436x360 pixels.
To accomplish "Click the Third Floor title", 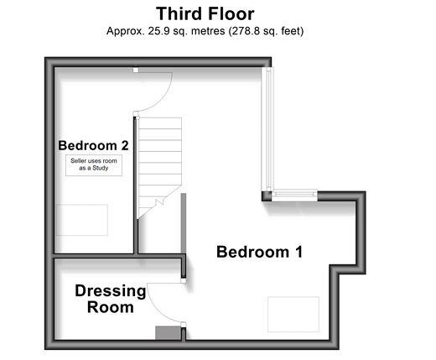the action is (x=205, y=13).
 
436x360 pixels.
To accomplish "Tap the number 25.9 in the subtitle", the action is (x=158, y=31).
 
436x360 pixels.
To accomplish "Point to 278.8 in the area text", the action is (x=244, y=31).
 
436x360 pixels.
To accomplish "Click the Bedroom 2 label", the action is (x=93, y=145).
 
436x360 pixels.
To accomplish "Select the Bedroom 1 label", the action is (x=260, y=252).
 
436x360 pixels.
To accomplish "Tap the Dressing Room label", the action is (x=111, y=299).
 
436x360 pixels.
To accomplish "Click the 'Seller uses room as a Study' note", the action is (x=94, y=164).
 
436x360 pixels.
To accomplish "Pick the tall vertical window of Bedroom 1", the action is (x=267, y=129).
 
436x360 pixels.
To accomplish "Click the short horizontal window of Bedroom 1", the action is (x=294, y=196).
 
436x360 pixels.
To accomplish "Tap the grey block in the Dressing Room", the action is (x=169, y=333).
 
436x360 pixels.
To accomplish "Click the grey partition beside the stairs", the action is (x=184, y=224).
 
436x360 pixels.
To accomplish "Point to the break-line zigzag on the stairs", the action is (x=159, y=202).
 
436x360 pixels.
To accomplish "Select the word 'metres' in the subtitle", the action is (x=208, y=31).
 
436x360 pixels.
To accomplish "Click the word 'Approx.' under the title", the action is (x=126, y=31).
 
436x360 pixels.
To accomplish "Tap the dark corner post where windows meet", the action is (x=267, y=196).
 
